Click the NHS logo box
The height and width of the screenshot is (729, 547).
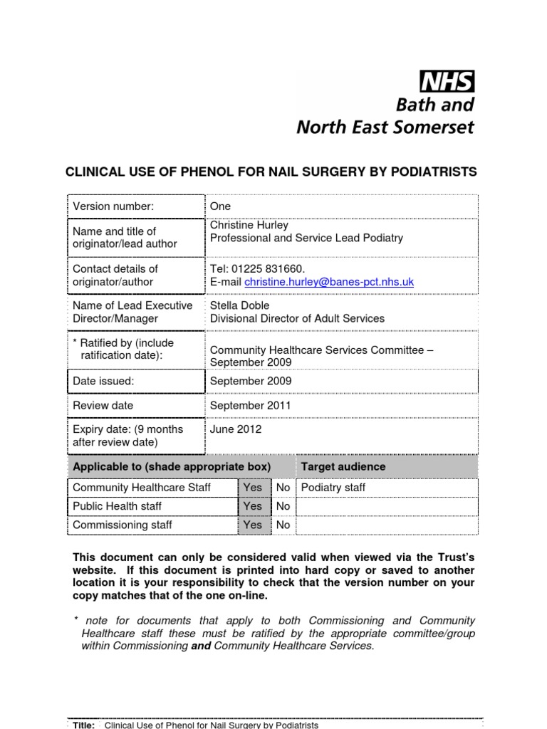(447, 82)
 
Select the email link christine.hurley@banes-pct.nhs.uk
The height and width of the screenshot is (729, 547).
(328, 282)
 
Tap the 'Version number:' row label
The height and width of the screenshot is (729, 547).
(113, 206)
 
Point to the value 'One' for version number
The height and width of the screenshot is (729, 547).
(220, 206)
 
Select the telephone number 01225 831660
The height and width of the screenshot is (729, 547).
(266, 268)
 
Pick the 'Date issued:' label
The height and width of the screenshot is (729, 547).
(103, 381)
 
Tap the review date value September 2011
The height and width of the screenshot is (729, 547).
(250, 405)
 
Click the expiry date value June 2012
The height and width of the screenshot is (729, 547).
(236, 429)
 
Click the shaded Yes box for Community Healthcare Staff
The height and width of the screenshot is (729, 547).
(253, 488)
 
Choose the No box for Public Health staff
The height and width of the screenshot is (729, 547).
(283, 506)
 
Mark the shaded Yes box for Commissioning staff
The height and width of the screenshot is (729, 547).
(253, 525)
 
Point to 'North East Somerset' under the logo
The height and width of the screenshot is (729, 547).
(385, 127)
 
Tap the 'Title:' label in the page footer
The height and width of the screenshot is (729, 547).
(84, 725)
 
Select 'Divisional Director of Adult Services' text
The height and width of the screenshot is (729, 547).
(297, 318)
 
